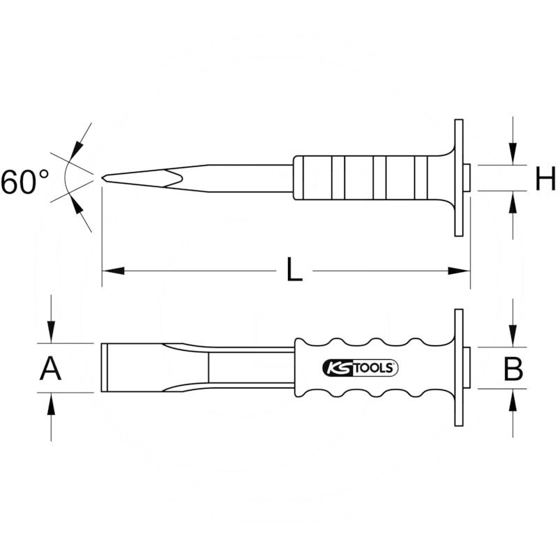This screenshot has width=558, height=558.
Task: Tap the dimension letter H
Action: pyautogui.click(x=545, y=179)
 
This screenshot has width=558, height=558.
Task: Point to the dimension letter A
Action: pyautogui.click(x=50, y=368)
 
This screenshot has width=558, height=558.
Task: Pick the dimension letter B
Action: pyautogui.click(x=513, y=368)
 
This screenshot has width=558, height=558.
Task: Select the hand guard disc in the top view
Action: pyautogui.click(x=458, y=368)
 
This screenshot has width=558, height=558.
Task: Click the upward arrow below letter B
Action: pyautogui.click(x=513, y=400)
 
